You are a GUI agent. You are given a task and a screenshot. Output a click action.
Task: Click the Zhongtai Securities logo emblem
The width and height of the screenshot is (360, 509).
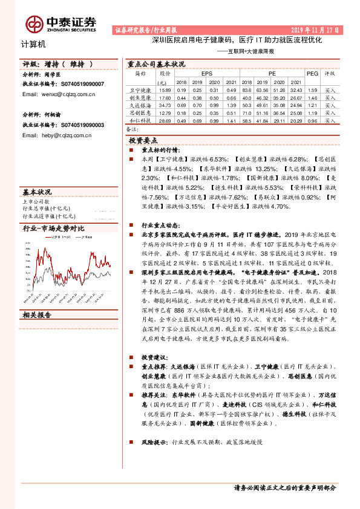[34, 24]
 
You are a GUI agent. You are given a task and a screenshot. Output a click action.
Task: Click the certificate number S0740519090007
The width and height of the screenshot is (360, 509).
[82, 85]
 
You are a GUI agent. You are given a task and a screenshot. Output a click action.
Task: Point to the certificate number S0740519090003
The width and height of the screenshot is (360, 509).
[82, 125]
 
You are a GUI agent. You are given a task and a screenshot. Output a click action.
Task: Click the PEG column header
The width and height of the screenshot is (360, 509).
[312, 73]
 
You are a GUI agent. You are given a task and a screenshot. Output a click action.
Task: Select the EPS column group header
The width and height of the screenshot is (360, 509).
[206, 73]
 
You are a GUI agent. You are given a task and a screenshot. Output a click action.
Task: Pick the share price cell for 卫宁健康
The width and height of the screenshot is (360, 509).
[164, 89]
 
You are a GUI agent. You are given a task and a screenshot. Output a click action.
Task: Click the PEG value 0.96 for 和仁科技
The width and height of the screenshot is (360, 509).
[312, 121]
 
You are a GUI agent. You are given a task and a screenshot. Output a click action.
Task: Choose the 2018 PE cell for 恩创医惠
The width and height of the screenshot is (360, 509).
[247, 113]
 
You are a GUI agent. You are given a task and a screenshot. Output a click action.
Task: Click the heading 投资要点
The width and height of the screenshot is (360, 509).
[144, 140]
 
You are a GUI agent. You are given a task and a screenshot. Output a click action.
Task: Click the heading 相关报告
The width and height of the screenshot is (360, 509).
[37, 315]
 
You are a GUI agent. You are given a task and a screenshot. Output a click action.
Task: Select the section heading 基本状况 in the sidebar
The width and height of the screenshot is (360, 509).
[37, 190]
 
